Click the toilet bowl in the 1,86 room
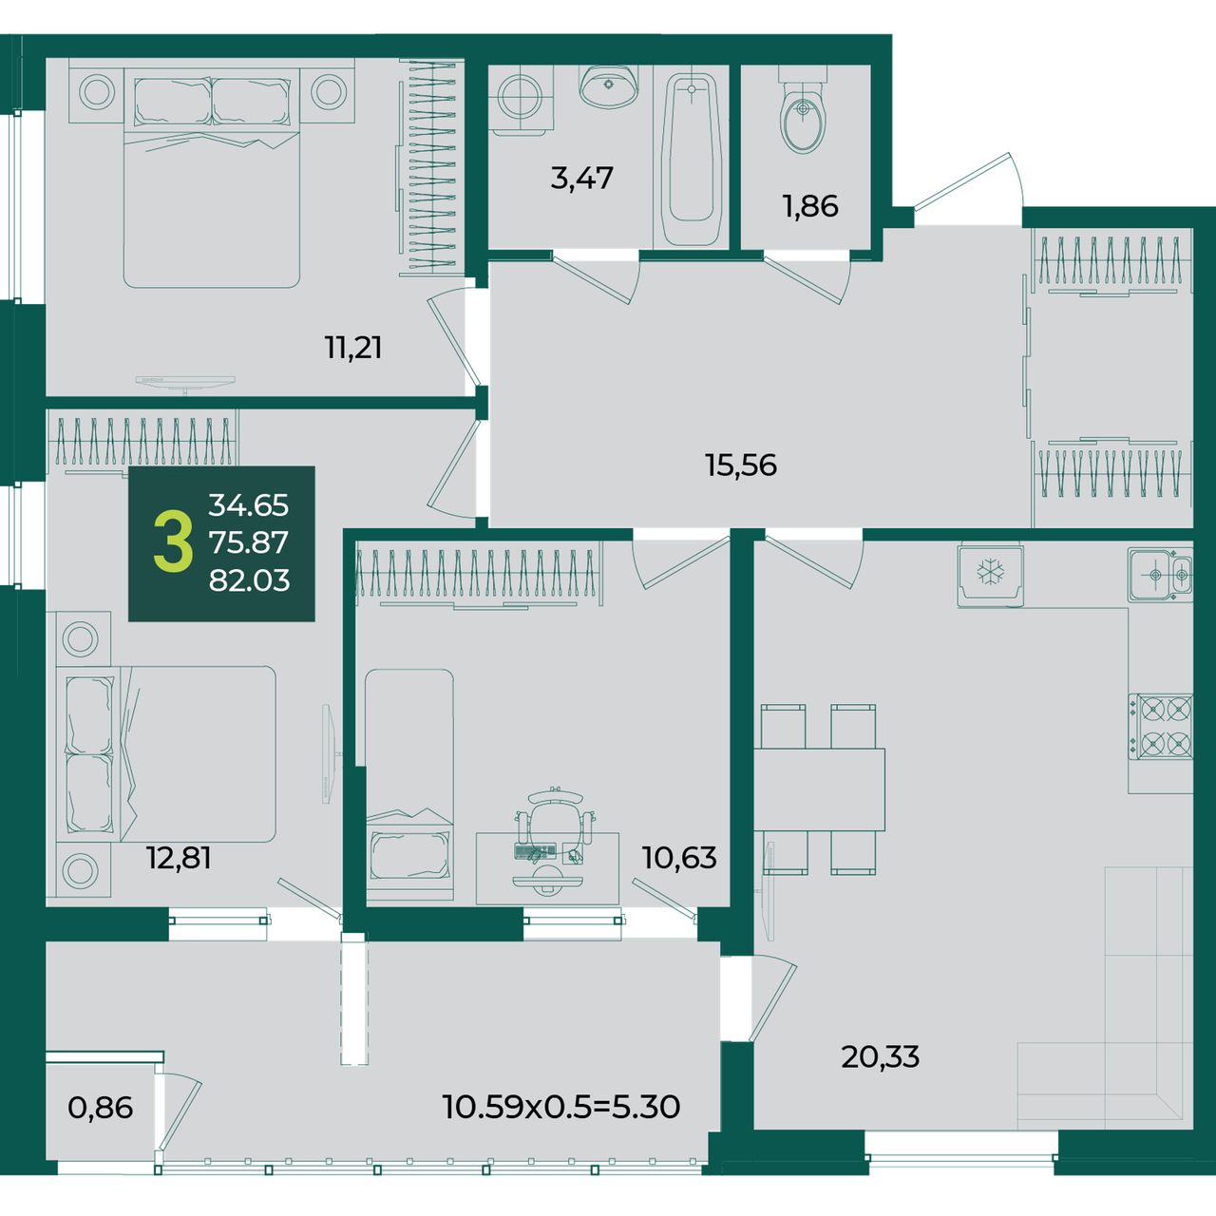[802, 110]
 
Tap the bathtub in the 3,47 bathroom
[691, 160]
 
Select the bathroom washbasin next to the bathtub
[608, 86]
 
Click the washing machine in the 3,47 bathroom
[522, 99]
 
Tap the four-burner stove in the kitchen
[1161, 726]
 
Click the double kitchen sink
[1161, 575]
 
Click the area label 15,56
[741, 465]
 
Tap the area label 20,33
[881, 1056]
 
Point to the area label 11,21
[352, 347]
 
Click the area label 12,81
[179, 858]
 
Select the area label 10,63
[679, 858]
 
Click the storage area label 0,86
[101, 1108]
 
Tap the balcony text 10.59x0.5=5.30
[561, 1107]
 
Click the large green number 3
[173, 542]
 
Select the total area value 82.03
[249, 579]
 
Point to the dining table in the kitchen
[819, 788]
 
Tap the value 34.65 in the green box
[249, 505]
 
